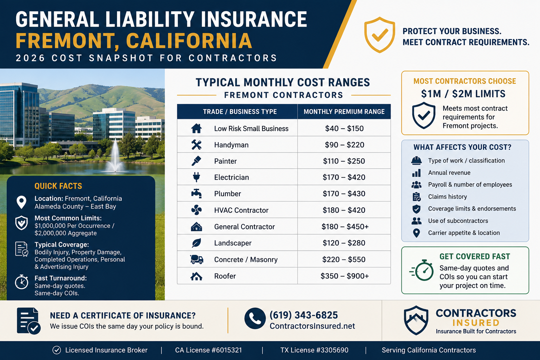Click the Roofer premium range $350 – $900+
click(x=345, y=276)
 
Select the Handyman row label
click(x=231, y=145)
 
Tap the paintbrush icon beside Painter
click(x=196, y=161)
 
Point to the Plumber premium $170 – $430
click(x=344, y=194)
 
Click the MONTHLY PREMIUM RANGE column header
click(x=344, y=112)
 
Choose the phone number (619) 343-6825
click(x=303, y=315)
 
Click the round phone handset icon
click(x=255, y=318)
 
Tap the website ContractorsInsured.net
click(x=312, y=326)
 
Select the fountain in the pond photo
click(x=115, y=157)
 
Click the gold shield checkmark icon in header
click(x=379, y=35)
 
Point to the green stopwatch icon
click(x=422, y=270)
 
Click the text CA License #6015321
click(x=208, y=350)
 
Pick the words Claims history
click(x=448, y=197)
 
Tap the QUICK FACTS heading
click(x=58, y=186)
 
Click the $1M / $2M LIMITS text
click(x=463, y=94)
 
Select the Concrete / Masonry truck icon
click(x=197, y=259)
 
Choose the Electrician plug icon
click(x=197, y=177)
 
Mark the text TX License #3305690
click(x=314, y=350)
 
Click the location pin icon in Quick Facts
click(x=21, y=202)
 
